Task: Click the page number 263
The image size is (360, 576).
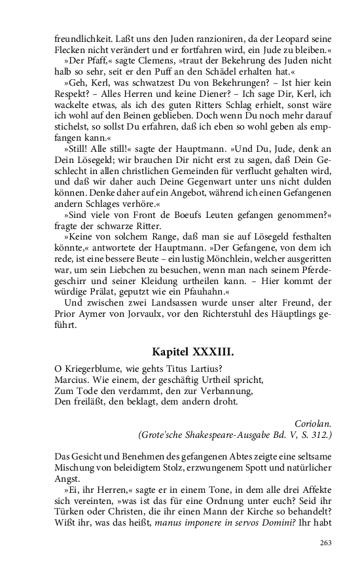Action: click(326, 542)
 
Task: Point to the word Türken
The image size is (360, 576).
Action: click(70, 511)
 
